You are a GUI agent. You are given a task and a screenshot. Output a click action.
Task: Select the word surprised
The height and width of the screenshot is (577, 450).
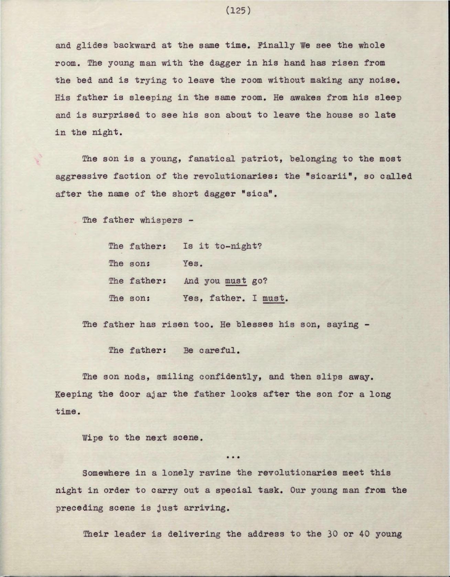116,115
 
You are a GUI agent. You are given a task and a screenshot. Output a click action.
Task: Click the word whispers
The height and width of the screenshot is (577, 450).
161,220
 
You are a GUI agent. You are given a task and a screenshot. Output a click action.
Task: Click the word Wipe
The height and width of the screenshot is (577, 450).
93,438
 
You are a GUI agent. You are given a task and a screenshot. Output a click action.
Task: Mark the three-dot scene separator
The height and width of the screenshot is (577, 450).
233,457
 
